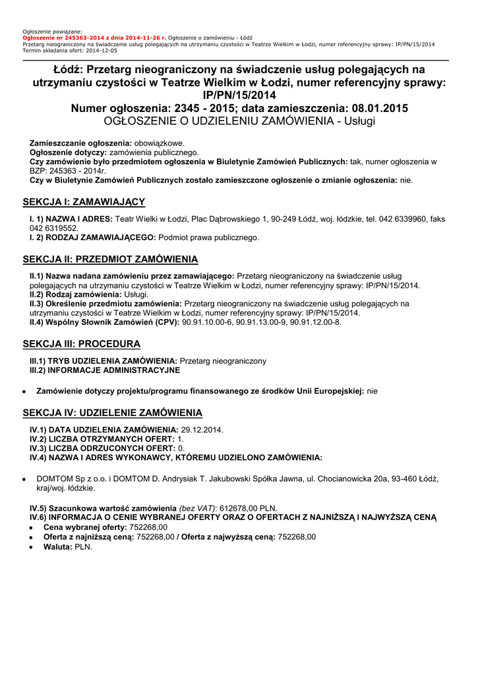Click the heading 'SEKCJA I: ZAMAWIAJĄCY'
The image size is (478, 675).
(x=84, y=202)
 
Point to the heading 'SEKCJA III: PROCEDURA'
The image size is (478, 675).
(x=81, y=344)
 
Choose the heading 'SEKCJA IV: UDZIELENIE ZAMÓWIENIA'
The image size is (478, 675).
(x=112, y=413)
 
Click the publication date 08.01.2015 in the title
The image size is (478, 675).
(x=378, y=108)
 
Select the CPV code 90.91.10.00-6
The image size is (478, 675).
(x=209, y=322)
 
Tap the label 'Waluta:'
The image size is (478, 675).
(x=58, y=546)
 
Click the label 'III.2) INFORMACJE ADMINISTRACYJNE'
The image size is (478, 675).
(x=104, y=370)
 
